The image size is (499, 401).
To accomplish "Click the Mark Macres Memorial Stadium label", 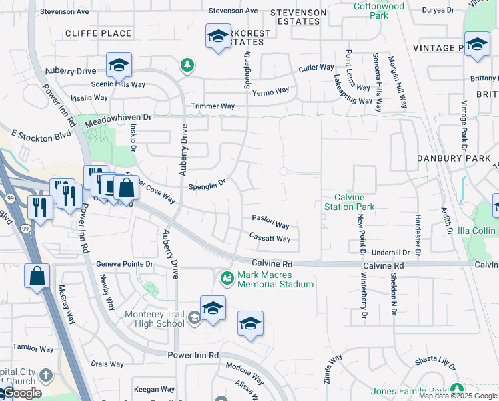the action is [x=275, y=279].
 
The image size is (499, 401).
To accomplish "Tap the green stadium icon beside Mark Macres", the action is [x=227, y=276].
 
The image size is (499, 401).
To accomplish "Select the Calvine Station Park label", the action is [x=349, y=202].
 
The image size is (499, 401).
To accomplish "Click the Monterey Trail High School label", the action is [x=155, y=319].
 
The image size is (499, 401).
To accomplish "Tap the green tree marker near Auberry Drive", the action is [x=188, y=65].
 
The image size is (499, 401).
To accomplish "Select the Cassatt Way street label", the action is [x=270, y=238].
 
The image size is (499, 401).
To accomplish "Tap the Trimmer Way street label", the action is [x=213, y=106].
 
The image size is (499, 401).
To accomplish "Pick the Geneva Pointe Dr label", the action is [x=125, y=264].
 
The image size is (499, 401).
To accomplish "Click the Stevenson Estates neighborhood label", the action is [x=299, y=17].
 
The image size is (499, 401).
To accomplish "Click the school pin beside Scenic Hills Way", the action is [x=119, y=65].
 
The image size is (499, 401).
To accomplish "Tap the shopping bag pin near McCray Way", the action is [x=37, y=275].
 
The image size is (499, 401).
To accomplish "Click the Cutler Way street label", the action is [x=316, y=68].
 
